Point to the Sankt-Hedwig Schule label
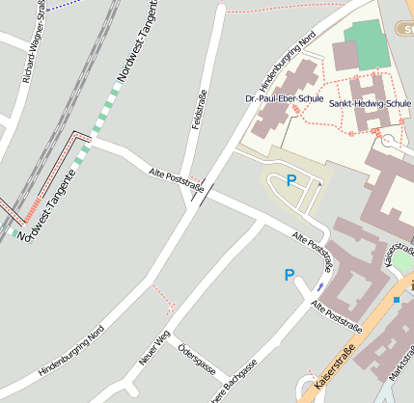[370, 102]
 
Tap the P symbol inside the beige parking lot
[290, 179]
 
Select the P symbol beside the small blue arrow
[289, 275]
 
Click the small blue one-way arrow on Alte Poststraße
[319, 285]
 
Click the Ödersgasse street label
[196, 359]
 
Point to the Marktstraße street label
[400, 372]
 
